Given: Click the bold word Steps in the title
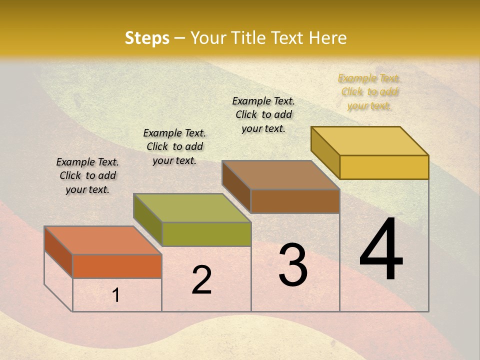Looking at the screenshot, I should [147, 38].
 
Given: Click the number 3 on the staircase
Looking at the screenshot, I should [293, 265].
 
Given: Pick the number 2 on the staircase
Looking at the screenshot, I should [201, 280].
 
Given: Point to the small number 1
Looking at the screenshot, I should [116, 295].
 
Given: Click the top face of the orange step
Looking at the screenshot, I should [103, 240].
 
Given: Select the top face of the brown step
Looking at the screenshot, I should [280, 175].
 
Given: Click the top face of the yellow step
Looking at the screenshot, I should [369, 141].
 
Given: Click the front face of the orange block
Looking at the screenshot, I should [117, 266].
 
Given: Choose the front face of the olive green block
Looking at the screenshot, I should [206, 234].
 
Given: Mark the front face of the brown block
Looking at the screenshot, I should [295, 201].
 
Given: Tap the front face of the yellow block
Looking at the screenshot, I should [384, 167].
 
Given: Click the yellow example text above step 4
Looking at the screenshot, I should [369, 92].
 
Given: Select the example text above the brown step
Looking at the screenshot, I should [263, 114].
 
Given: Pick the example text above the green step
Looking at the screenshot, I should [174, 146].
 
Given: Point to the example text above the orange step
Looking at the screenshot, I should [87, 175].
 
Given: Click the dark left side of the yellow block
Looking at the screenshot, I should [325, 152].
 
